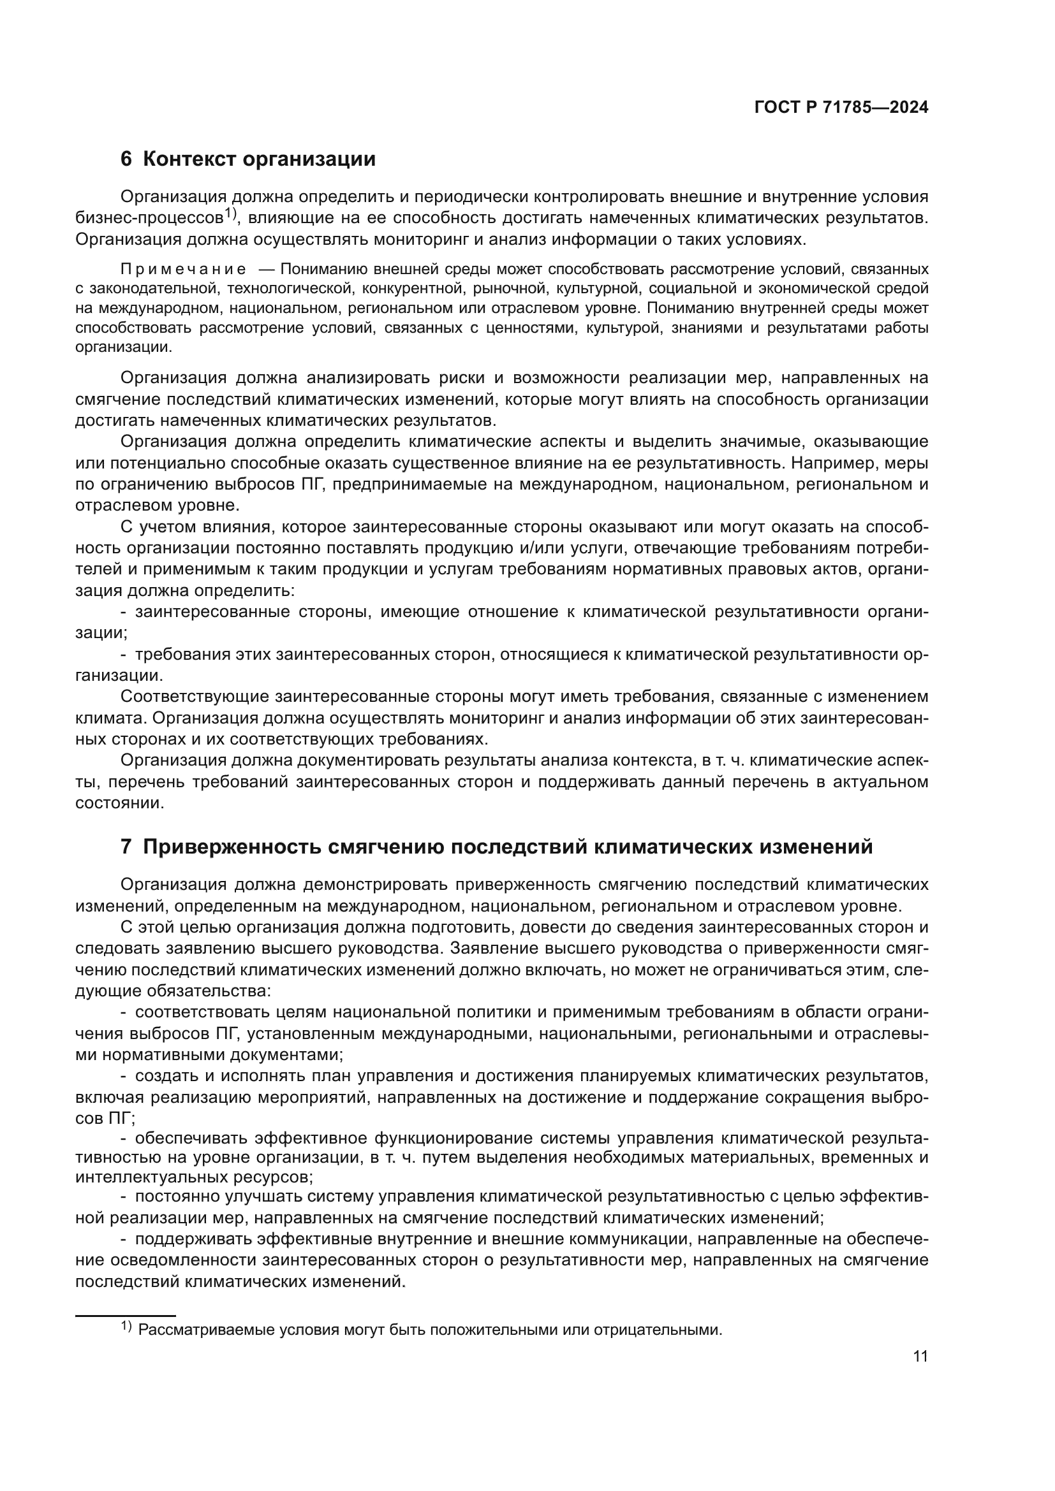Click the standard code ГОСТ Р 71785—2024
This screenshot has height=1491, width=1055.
[841, 108]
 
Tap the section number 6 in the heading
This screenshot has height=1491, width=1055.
[126, 159]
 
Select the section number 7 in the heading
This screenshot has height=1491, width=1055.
[126, 847]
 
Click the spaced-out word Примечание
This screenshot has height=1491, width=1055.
[183, 270]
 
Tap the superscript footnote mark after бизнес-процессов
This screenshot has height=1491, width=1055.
[231, 214]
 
